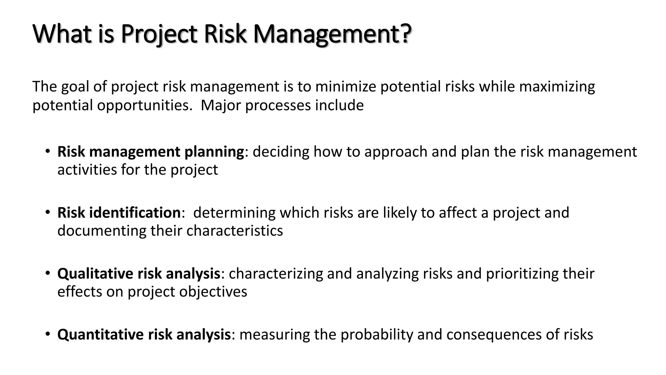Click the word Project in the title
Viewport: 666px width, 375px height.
click(x=159, y=34)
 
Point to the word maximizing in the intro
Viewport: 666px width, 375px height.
click(x=556, y=87)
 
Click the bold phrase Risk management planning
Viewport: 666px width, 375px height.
click(x=151, y=152)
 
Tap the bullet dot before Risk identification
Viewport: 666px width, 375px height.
click(x=48, y=212)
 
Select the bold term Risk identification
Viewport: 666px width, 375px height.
click(x=119, y=213)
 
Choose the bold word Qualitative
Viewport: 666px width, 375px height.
click(x=95, y=274)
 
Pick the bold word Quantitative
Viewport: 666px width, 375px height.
click(x=100, y=335)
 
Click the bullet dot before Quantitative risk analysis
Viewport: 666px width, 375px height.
click(x=48, y=334)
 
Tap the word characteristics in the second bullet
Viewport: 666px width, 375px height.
click(x=234, y=231)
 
